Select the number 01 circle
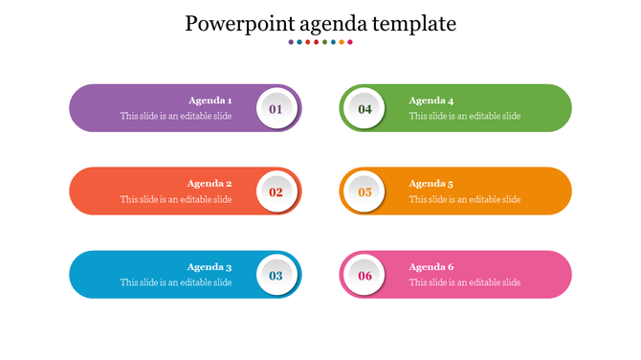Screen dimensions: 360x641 coord(276,109)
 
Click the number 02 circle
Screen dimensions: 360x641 coord(276,191)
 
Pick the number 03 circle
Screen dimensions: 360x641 coord(276,276)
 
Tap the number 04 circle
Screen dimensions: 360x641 coord(365,109)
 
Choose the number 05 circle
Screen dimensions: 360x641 coord(365,191)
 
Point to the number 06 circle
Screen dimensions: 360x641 coord(365,276)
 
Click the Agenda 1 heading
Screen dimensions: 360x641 coord(210,101)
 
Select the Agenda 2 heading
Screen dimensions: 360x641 coord(210,184)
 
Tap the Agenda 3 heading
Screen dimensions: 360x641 coord(210,267)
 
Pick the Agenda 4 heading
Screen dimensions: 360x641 coord(431,101)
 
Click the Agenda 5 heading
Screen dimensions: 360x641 coord(431,184)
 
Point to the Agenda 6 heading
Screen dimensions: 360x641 coord(431,267)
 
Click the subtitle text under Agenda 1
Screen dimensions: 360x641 coord(176,116)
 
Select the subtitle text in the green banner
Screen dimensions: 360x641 coord(465,116)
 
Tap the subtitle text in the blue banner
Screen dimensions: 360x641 coord(176,282)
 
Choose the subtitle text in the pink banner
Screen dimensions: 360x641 coord(465,282)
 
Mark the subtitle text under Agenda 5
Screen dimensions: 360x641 coord(465,199)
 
